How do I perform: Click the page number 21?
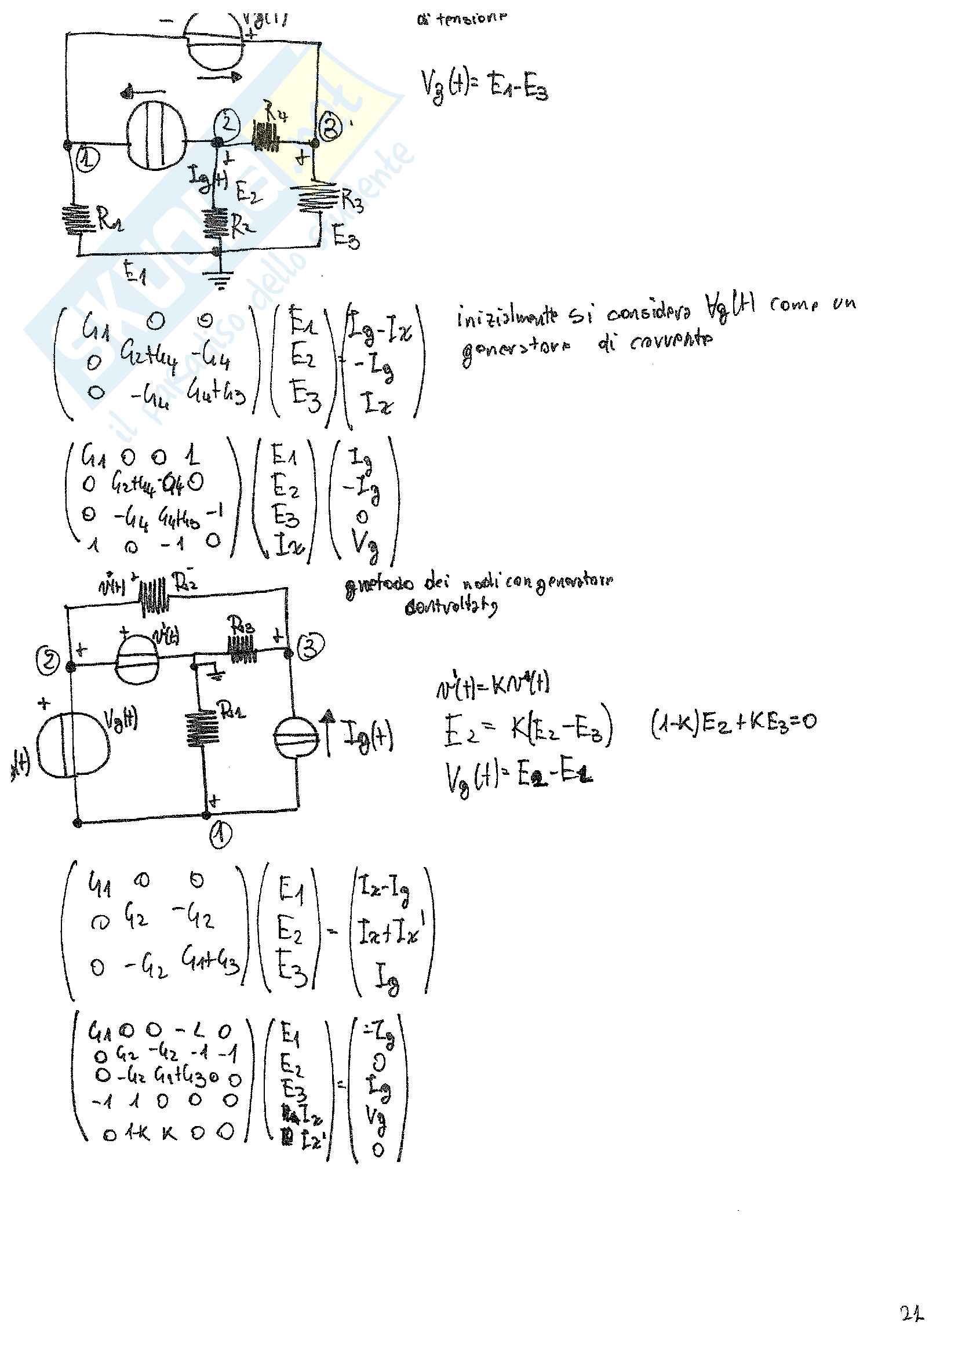[912, 1314]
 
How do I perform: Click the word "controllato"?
[451, 607]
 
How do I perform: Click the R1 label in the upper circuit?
[110, 220]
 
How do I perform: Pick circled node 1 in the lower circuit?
[221, 835]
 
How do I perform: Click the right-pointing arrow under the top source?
[220, 77]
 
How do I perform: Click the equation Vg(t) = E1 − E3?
[484, 86]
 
